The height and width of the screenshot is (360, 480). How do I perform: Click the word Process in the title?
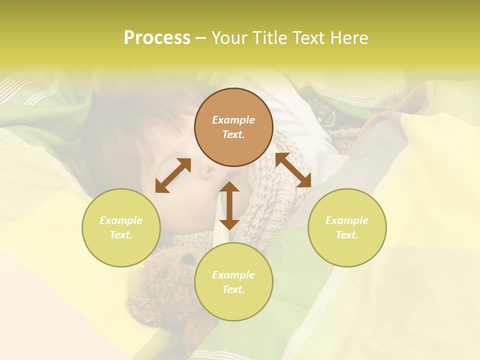click(157, 38)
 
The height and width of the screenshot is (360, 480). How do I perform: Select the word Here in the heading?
click(348, 38)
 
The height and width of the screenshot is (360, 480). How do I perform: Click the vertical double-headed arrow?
click(229, 205)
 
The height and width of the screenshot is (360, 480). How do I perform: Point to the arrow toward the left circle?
click(173, 175)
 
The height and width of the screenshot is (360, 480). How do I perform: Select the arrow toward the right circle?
click(293, 170)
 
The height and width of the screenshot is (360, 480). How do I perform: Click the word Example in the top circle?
click(233, 120)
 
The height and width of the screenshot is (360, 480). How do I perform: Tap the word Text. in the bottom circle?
click(233, 289)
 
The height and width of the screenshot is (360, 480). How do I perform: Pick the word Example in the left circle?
click(121, 220)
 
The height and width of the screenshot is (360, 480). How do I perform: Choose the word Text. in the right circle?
click(347, 235)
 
